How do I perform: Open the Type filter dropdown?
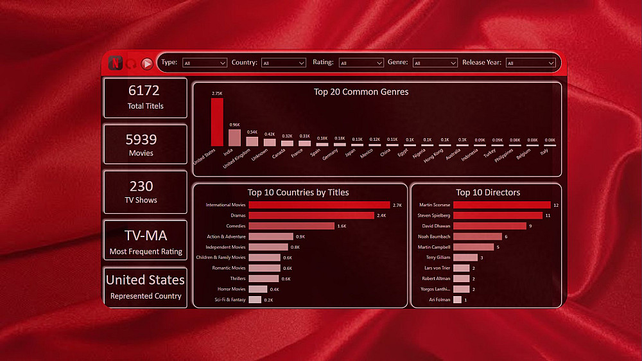pos(205,63)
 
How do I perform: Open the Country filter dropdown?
pos(284,63)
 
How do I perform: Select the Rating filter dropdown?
pos(361,63)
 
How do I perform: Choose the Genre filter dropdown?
pos(435,63)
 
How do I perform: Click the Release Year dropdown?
pos(530,63)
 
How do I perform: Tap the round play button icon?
pos(147,64)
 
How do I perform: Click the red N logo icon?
pos(116,63)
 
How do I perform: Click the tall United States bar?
pos(217,122)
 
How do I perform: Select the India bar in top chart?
pos(234,137)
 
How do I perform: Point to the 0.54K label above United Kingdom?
pos(252,132)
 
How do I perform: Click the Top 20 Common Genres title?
pos(361,92)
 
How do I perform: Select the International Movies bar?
pos(319,205)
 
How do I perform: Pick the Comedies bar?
pos(291,226)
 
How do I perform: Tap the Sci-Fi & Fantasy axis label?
pos(230,300)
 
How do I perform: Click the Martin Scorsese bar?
pos(501,205)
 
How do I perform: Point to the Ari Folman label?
pos(439,300)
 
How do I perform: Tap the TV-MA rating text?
pos(145,236)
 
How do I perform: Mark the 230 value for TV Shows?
pos(141,186)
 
